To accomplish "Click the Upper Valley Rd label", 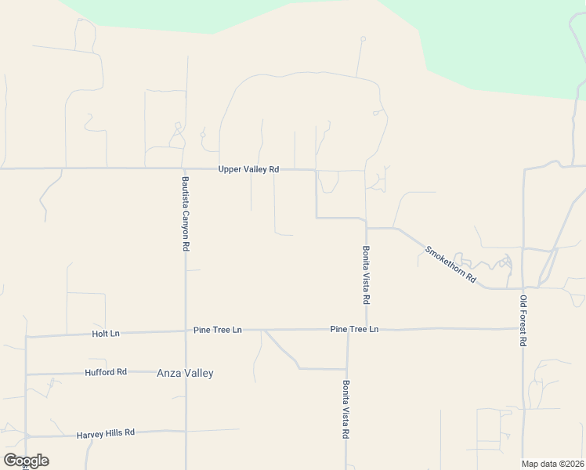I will tap(248, 169).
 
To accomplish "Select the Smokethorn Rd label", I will tap(450, 265).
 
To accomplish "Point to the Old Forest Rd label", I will tap(523, 321).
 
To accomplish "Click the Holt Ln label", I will tap(105, 334).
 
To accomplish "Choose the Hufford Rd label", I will tap(106, 372).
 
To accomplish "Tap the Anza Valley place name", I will tap(185, 374).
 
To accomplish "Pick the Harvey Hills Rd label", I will tap(106, 432).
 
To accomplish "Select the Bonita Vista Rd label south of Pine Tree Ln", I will tap(346, 409).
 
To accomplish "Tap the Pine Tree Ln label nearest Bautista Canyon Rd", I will tap(218, 331).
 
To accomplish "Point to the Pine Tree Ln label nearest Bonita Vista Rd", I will tap(354, 329).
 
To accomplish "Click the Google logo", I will tap(26, 461).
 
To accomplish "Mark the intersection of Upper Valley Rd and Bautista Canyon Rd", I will tap(185, 168).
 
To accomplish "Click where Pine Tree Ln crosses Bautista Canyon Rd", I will tap(186, 331).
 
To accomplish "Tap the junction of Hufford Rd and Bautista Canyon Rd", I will tap(186, 372).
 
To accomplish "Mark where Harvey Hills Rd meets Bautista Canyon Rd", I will tap(186, 430).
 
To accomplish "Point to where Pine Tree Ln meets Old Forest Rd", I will tap(523, 328).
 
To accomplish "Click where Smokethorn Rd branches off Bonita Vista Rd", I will tap(367, 228).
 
